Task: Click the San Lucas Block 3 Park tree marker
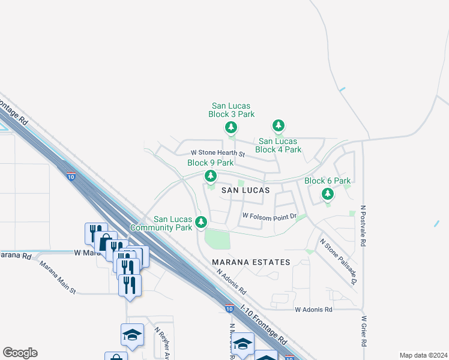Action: [231, 127]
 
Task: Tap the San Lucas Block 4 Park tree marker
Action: [278, 126]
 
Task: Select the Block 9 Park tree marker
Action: [210, 176]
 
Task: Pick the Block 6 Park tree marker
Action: [327, 194]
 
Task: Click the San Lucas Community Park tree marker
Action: [201, 222]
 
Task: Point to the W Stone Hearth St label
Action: [218, 154]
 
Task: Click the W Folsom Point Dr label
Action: [270, 215]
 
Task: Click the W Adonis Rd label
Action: [313, 310]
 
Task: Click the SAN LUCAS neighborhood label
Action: [244, 190]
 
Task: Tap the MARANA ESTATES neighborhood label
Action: [251, 262]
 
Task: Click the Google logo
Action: [20, 353]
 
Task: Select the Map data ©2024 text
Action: [423, 355]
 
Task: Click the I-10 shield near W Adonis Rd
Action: [229, 308]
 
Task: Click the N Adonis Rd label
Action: [232, 281]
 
